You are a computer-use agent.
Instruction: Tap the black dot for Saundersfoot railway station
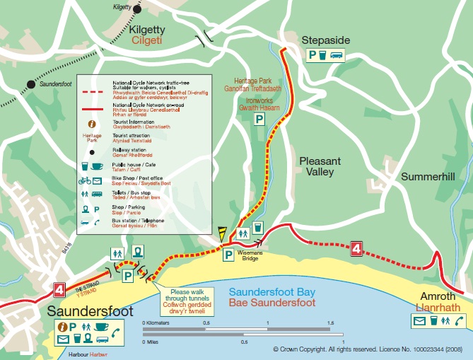click(x=30, y=84)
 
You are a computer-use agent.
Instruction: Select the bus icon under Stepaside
click(x=337, y=55)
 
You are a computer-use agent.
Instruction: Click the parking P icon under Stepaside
click(x=310, y=55)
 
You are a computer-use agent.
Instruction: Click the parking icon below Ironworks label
click(x=260, y=120)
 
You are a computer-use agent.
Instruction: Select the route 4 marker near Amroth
click(x=356, y=248)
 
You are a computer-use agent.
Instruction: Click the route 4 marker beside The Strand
click(x=59, y=290)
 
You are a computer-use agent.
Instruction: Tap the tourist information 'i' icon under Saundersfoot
click(x=62, y=327)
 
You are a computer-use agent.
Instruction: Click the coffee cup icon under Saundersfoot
click(x=100, y=327)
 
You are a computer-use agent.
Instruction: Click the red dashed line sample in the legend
click(x=90, y=92)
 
